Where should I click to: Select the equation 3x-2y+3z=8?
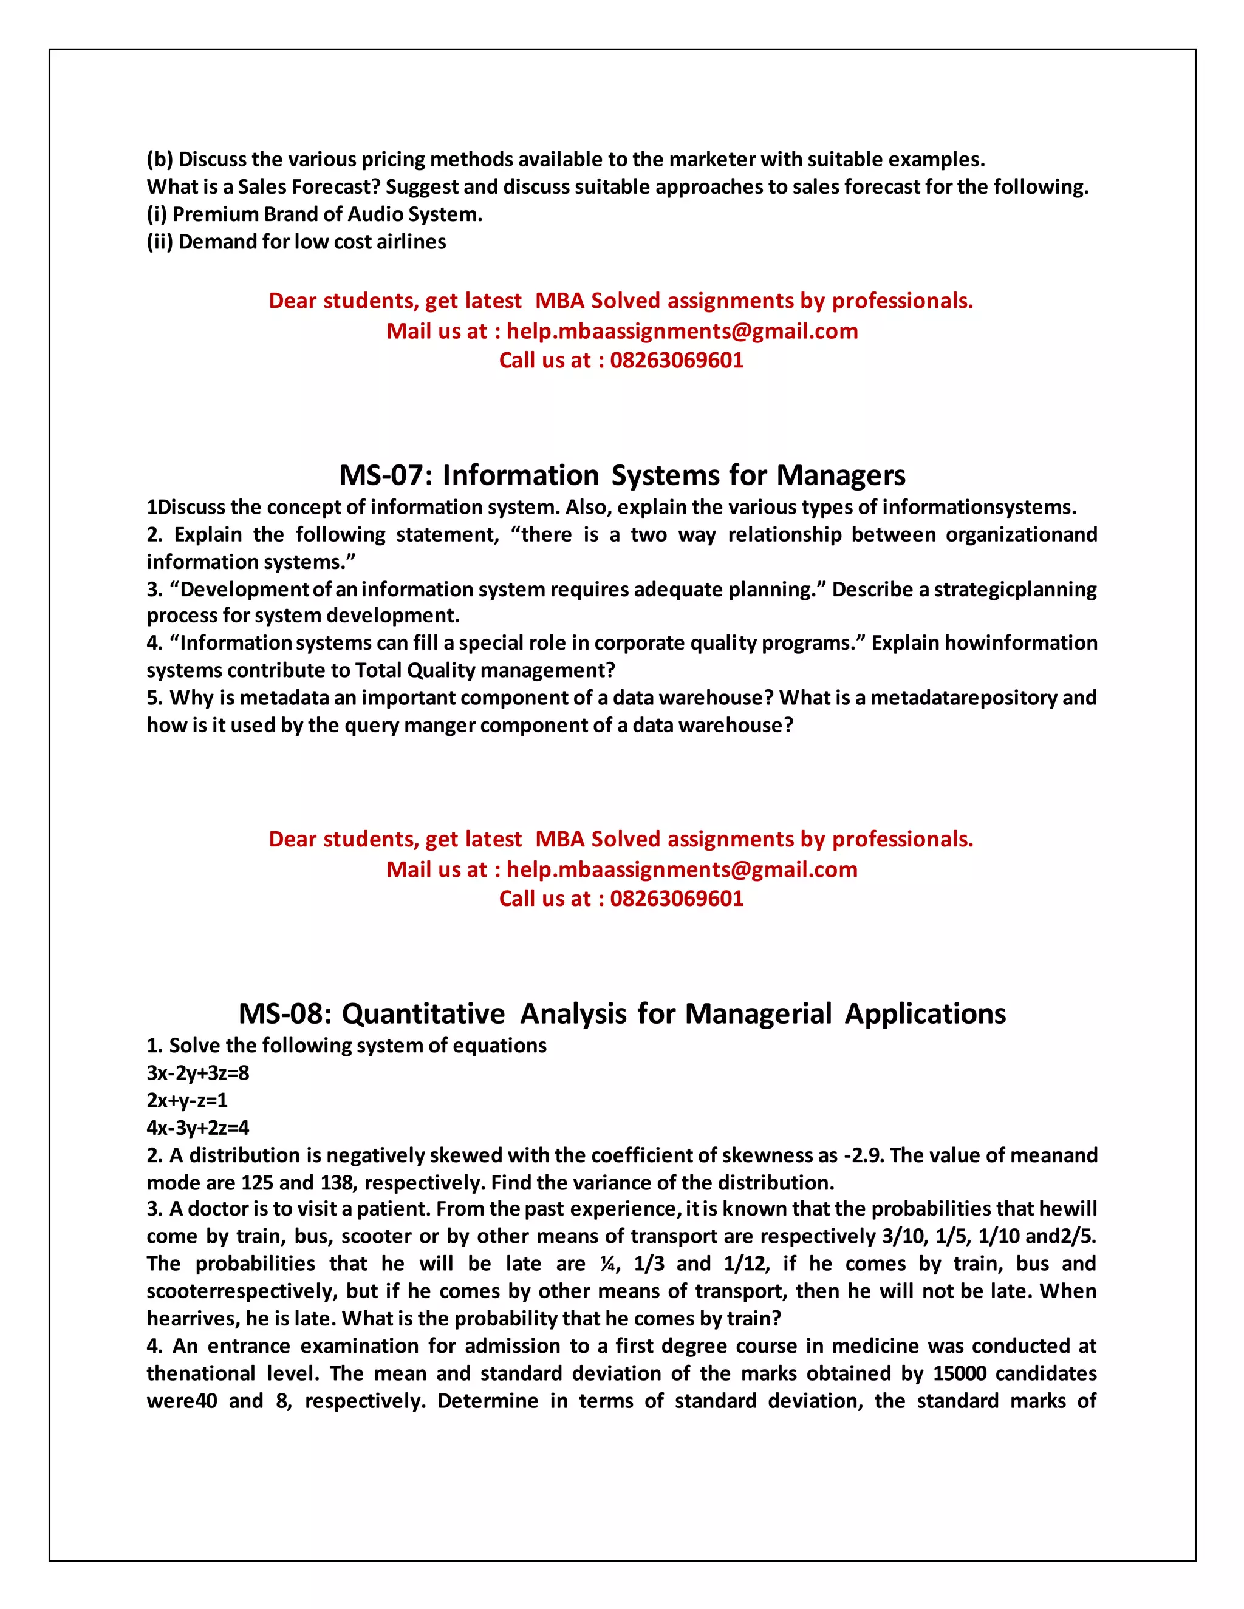point(197,1073)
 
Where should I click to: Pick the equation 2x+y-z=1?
point(187,1100)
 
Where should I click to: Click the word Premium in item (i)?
point(214,214)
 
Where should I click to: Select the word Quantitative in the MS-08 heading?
point(423,1015)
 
